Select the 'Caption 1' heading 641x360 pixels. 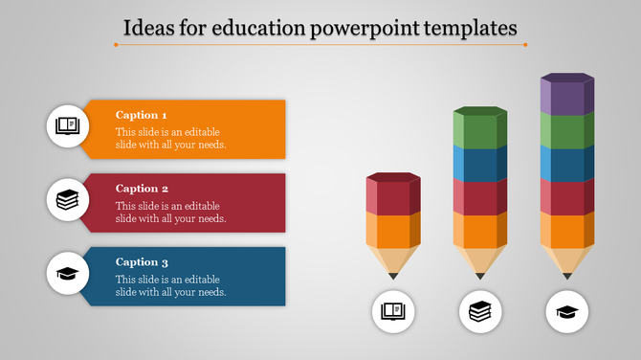pos(142,115)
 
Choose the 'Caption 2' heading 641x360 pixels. pos(142,189)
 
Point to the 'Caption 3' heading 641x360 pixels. pos(142,261)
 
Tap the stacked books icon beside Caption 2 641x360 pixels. pos(68,200)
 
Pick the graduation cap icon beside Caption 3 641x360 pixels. pos(68,274)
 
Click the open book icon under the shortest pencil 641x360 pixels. pos(393,311)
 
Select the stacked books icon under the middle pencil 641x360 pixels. pos(480,311)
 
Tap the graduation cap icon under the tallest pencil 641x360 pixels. pos(567,311)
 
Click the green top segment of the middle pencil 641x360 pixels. pos(480,128)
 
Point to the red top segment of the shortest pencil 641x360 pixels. pos(393,195)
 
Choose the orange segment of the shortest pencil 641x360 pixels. pos(393,231)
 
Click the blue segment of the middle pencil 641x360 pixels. pos(480,163)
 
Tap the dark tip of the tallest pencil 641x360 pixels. pos(567,276)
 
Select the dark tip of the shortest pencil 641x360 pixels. pos(393,276)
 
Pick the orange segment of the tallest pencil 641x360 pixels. pos(567,231)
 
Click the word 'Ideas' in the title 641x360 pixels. pos(148,28)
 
